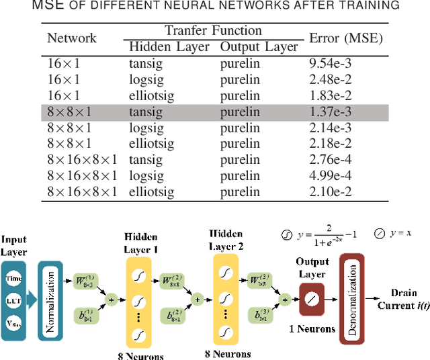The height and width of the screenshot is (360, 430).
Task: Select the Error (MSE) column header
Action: click(345, 38)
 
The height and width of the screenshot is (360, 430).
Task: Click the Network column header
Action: click(72, 38)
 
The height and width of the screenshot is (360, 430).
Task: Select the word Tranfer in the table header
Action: click(184, 31)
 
